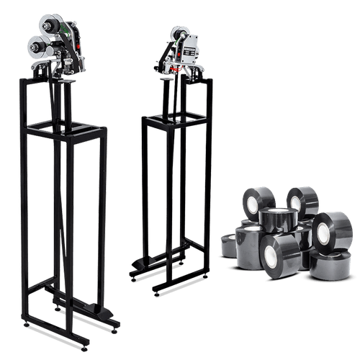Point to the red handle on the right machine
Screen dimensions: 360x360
tap(167, 65)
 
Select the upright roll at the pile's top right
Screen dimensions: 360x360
tap(303, 199)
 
